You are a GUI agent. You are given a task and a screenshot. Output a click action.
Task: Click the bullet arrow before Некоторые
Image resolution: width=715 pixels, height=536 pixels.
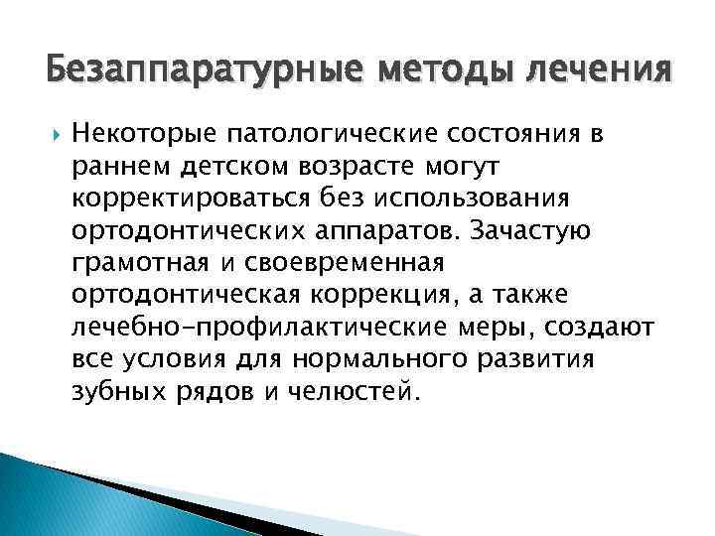click(53, 133)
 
